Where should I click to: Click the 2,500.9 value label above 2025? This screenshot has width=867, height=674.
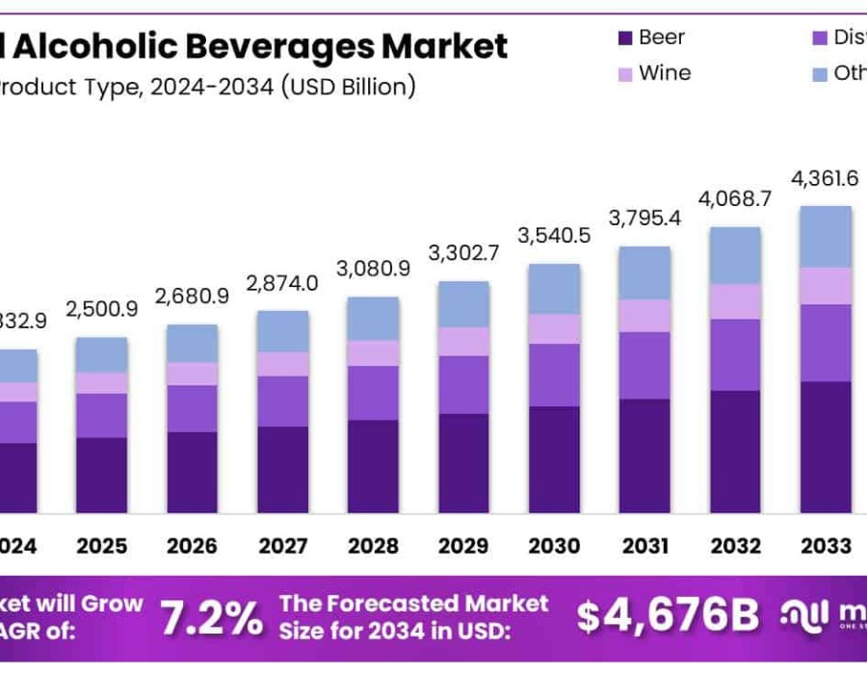point(102,309)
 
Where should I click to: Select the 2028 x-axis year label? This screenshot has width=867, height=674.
point(373,546)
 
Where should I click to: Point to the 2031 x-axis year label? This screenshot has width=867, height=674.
point(644,546)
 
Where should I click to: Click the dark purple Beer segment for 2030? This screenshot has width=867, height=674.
point(554,459)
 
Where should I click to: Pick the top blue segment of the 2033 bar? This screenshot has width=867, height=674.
point(826,237)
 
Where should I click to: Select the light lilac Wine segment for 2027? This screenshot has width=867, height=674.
point(282,364)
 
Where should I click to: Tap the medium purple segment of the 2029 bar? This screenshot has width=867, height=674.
point(463,385)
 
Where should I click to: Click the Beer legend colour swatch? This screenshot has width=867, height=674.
point(623,39)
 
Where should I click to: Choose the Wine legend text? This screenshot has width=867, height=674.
point(665,73)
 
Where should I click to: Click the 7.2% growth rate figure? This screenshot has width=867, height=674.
point(211,617)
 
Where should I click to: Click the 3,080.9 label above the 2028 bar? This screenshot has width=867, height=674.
point(373,268)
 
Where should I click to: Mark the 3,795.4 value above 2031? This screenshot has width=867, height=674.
point(644,218)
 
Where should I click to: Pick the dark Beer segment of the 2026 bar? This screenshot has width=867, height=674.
point(193,472)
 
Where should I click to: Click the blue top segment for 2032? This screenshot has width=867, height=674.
point(735,256)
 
